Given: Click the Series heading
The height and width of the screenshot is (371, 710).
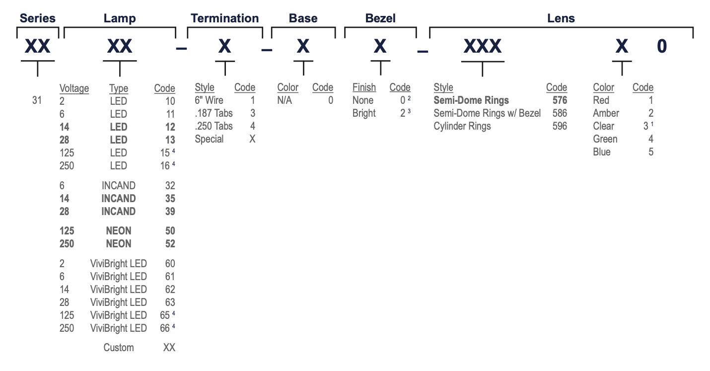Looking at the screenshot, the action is (x=37, y=18).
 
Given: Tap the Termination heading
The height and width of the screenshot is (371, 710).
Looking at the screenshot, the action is (x=225, y=18).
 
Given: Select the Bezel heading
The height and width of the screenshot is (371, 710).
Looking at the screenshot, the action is (x=380, y=18).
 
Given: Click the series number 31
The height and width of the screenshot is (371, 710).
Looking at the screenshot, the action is (x=37, y=100).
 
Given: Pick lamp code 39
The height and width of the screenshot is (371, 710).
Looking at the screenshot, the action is (x=170, y=211).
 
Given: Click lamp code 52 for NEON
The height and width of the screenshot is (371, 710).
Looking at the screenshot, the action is (x=170, y=243).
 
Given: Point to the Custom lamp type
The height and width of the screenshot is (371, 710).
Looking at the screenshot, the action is (x=119, y=347).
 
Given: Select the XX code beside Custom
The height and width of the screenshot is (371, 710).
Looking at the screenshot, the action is (x=169, y=347).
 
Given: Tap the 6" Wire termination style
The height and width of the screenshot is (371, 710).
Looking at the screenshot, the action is (x=209, y=100).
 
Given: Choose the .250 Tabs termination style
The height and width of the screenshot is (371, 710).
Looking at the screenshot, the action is (x=213, y=126).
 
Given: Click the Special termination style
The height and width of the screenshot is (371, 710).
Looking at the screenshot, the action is (x=209, y=139).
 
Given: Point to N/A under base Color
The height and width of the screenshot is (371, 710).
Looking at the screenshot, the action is (x=284, y=100).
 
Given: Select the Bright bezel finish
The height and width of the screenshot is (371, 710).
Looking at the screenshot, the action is (x=364, y=113).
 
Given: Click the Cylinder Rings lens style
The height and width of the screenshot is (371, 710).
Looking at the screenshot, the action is (x=462, y=126).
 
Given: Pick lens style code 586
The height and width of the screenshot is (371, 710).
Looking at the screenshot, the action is (x=560, y=113).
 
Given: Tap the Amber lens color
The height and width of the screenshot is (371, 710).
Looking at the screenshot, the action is (x=606, y=113).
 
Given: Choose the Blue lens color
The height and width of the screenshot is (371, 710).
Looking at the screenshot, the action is (x=602, y=152).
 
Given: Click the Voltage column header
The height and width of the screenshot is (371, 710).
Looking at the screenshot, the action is (x=74, y=88).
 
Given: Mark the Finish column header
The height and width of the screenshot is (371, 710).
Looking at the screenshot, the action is (x=364, y=87).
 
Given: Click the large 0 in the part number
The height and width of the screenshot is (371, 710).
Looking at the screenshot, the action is (x=662, y=46).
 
